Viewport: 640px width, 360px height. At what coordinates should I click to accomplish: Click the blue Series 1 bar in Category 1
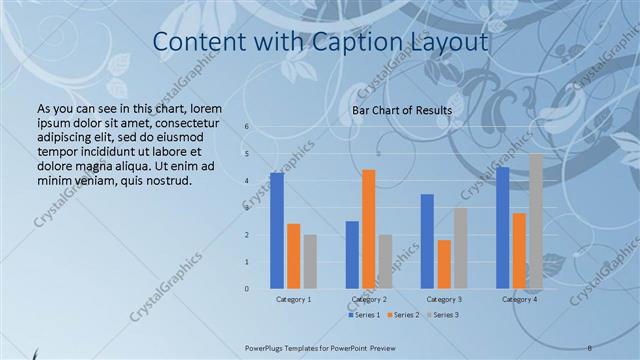pos(277,231)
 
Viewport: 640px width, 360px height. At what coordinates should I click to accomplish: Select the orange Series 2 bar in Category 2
pos(368,229)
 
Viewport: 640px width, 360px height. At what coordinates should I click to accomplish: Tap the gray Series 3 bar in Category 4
pos(536,221)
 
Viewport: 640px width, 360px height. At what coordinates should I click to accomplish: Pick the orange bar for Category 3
pos(444,264)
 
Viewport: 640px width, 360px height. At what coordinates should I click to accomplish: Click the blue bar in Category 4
pos(502,228)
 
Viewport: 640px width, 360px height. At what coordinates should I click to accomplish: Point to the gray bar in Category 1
pos(310,262)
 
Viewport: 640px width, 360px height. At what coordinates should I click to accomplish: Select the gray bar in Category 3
pos(460,248)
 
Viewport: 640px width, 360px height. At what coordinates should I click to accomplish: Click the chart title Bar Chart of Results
pos(402,109)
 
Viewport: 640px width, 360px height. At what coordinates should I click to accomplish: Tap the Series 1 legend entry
pos(363,315)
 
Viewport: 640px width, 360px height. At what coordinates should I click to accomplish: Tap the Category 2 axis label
pos(369,299)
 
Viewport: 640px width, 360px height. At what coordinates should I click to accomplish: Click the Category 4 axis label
pos(519,299)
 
